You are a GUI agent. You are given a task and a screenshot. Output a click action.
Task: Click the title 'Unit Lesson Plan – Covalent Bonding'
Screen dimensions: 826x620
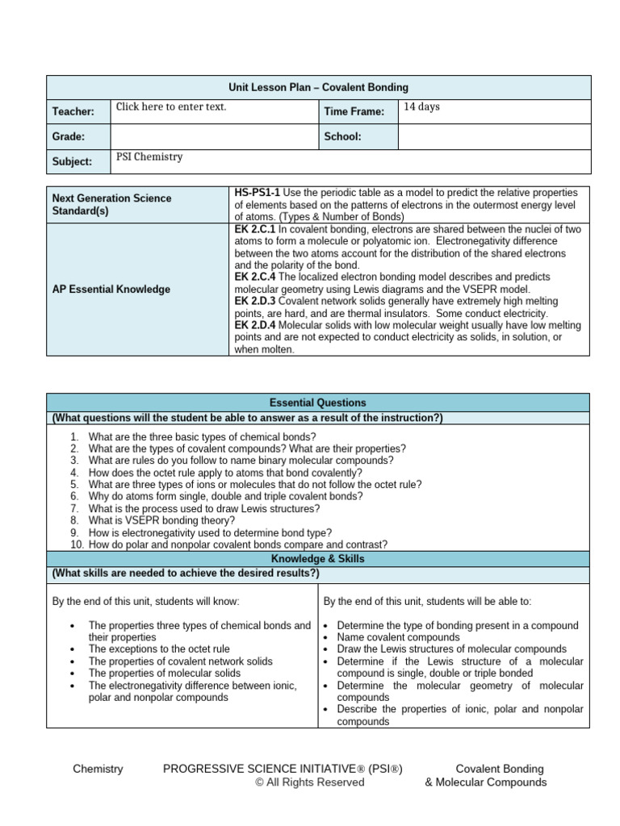point(319,87)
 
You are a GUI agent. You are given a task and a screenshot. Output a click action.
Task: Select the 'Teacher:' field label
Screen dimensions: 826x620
point(73,112)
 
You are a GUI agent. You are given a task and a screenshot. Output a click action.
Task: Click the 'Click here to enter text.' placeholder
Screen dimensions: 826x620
point(171,106)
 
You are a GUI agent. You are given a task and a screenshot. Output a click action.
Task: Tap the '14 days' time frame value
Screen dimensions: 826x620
point(421,106)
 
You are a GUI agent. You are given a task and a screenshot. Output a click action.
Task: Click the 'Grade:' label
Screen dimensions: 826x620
point(69,137)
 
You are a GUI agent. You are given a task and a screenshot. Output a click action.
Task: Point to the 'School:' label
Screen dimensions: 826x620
point(342,137)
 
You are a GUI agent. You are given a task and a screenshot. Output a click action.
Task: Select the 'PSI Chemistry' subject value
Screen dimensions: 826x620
point(149,157)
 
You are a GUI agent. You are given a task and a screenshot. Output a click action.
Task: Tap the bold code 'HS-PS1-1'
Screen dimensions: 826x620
point(257,192)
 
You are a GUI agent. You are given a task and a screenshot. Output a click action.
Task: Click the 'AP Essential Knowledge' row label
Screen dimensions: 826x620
point(111,290)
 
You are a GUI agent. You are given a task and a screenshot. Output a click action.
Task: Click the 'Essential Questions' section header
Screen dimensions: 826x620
point(319,403)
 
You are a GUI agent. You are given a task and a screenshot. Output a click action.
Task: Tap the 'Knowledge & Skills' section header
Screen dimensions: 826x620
point(319,558)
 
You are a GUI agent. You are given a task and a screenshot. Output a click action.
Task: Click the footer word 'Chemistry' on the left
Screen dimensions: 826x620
point(98,769)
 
